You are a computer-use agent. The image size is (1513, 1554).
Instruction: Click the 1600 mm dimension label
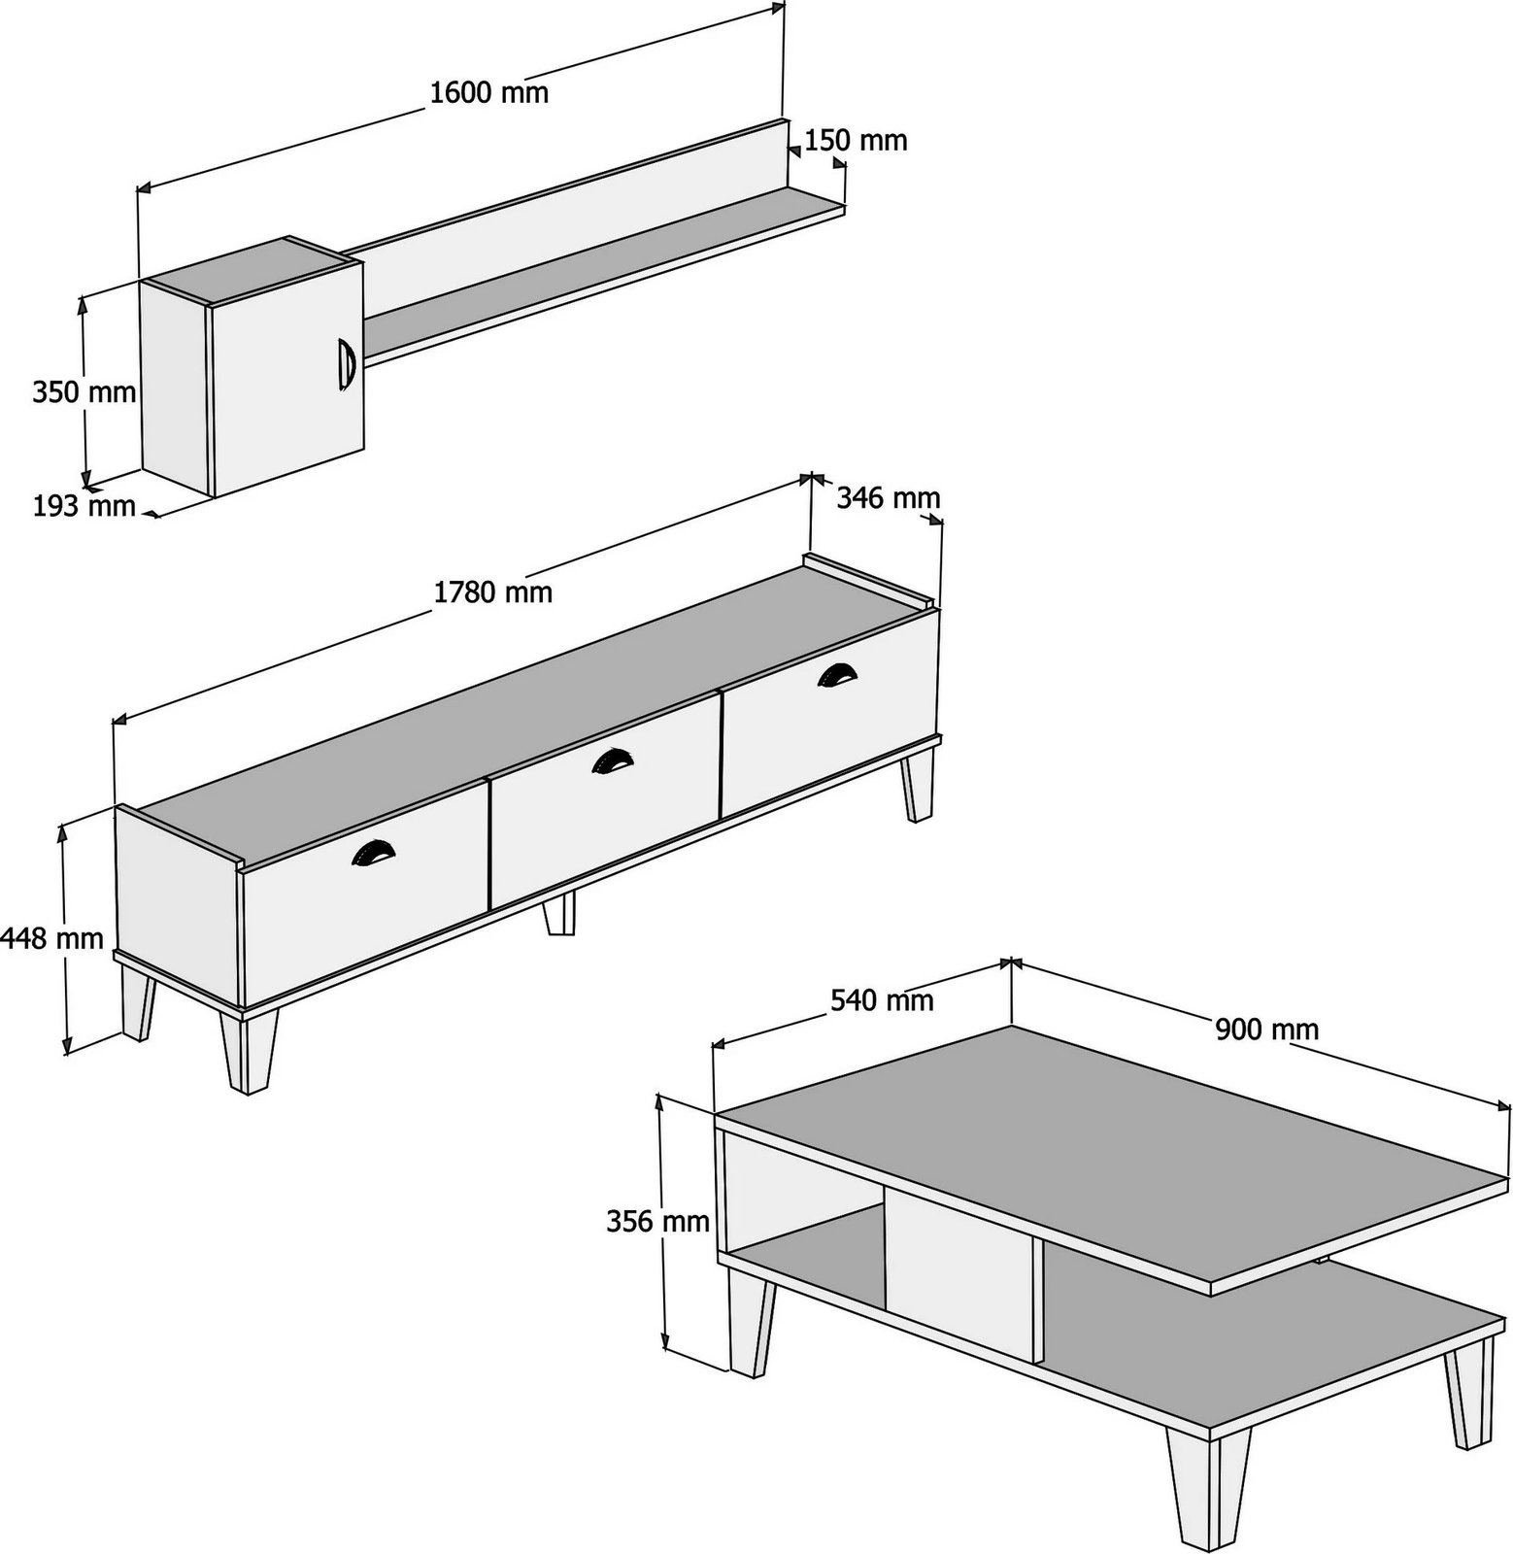coord(488,92)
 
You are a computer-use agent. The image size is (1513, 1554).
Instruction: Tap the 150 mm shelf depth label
coord(856,141)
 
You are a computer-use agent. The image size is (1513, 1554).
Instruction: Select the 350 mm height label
coord(84,392)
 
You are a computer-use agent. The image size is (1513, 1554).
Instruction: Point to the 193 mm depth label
coord(84,505)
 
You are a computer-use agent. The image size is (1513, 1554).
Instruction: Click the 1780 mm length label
coord(492,591)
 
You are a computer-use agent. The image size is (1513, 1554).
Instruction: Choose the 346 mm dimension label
coord(888,498)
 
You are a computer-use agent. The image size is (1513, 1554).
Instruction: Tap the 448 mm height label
coord(52,938)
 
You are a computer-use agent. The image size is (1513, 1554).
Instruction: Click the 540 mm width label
coord(881,999)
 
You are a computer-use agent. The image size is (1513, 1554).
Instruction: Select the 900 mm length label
coord(1266,1029)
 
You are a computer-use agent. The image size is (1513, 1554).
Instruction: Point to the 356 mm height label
coord(657,1221)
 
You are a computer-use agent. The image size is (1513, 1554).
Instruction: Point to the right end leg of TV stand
coord(917,785)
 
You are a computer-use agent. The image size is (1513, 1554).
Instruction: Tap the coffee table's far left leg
coord(751,1327)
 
